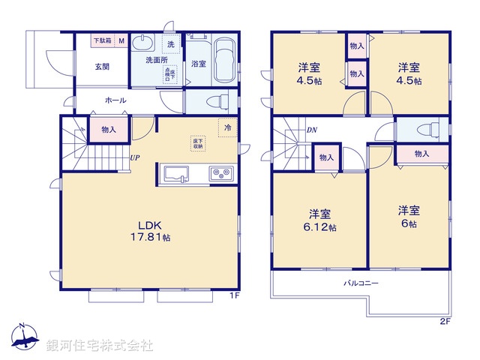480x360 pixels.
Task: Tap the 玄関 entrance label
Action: [x=102, y=66]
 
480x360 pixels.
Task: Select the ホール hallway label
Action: [x=115, y=99]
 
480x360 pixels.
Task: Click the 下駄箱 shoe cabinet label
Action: [x=102, y=41]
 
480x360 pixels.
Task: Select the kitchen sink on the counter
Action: [x=177, y=174]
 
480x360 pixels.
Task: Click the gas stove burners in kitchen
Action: [x=222, y=174]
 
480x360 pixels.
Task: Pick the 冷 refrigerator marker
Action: [x=226, y=127]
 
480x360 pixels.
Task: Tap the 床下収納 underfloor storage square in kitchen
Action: [x=197, y=142]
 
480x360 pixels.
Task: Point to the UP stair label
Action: [x=134, y=157]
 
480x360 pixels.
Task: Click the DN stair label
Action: [x=311, y=130]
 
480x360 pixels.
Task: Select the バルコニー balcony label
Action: [x=361, y=283]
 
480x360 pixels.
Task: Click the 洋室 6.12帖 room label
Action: [x=320, y=218]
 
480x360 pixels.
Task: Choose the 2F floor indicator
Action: [x=445, y=322]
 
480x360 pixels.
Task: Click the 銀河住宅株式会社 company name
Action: [x=100, y=346]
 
